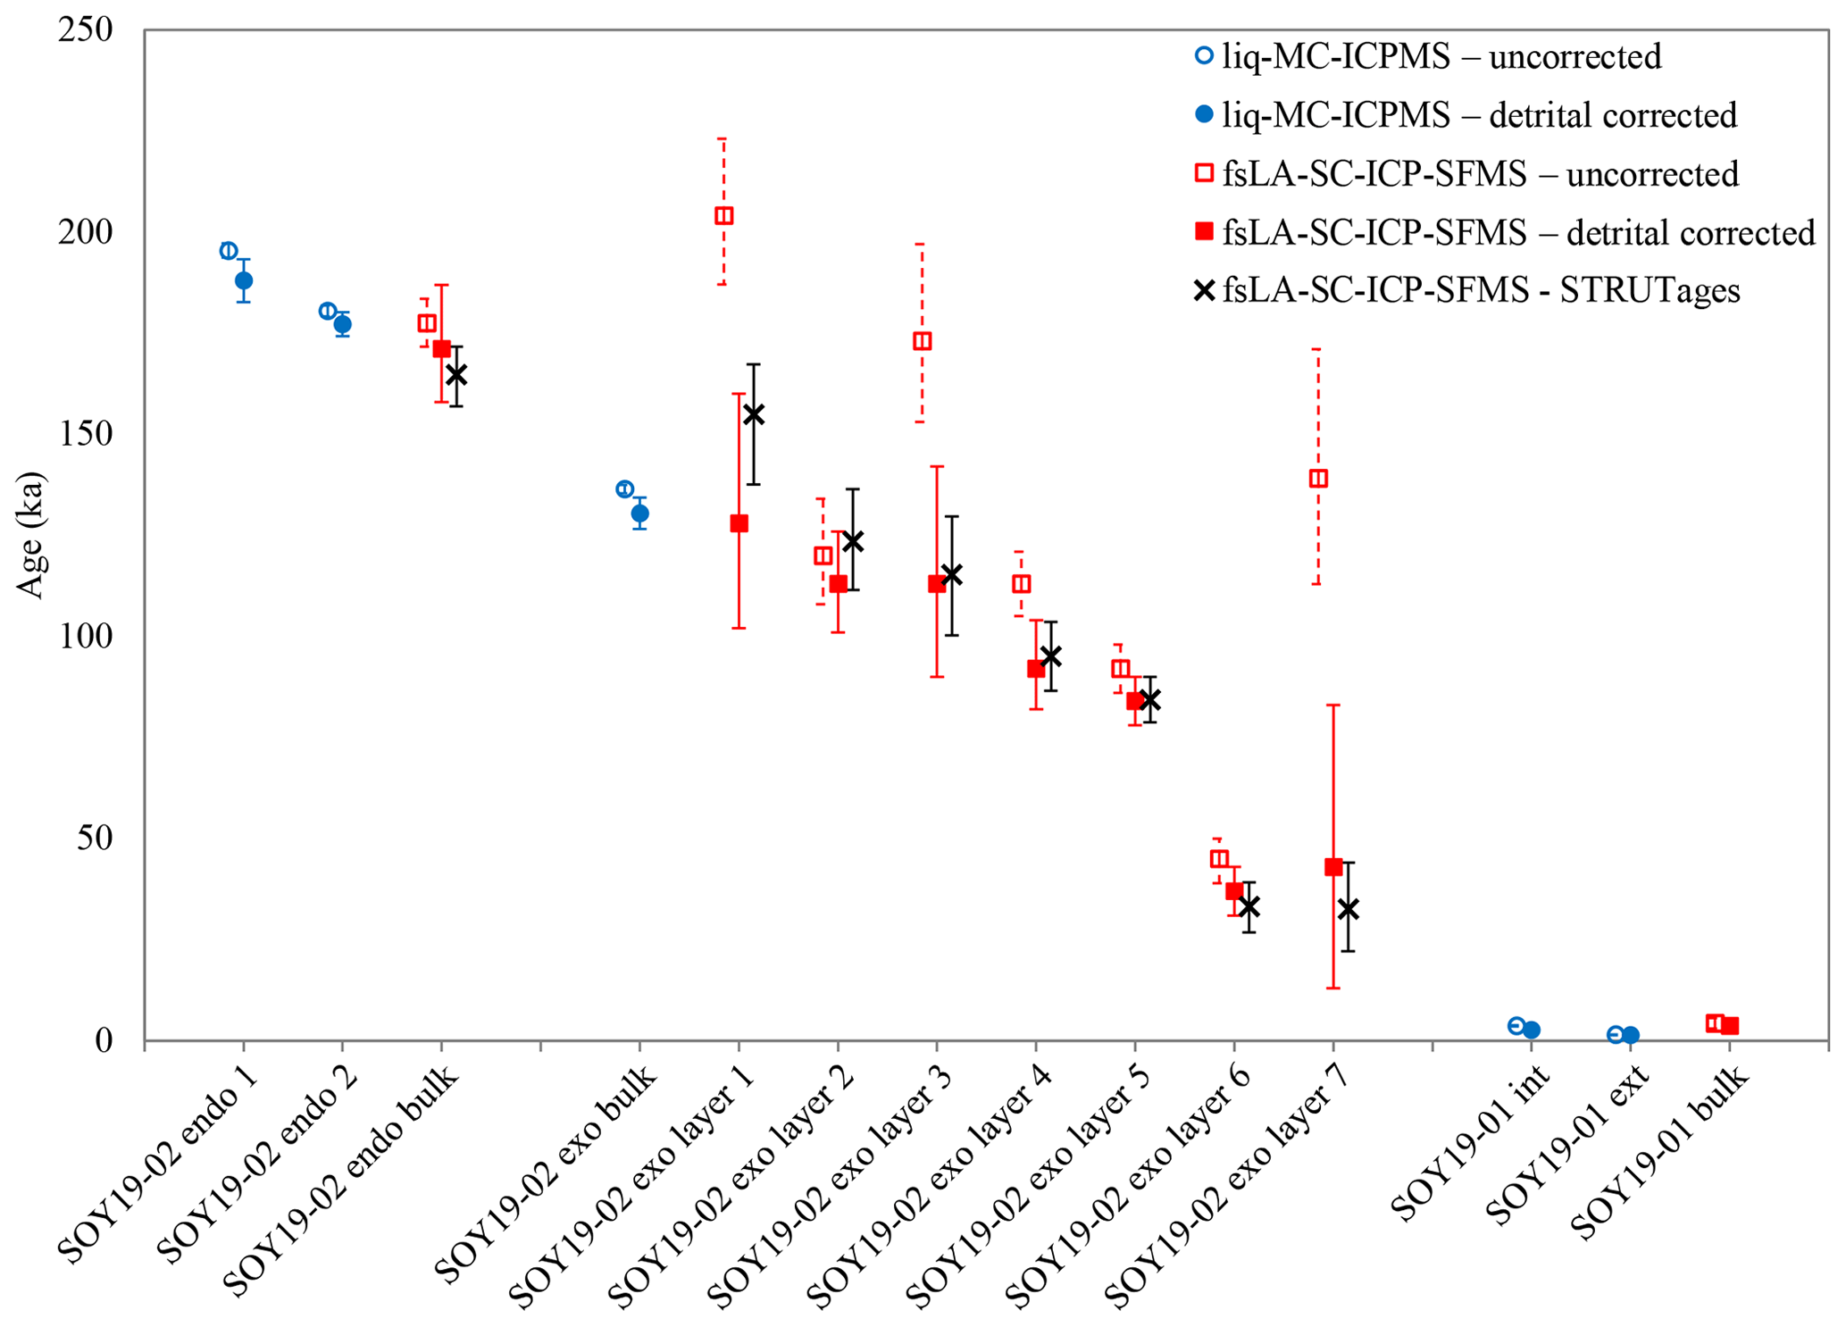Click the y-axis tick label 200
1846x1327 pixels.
click(x=85, y=232)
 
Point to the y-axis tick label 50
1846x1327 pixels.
click(x=96, y=839)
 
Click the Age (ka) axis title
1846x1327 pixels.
click(x=31, y=534)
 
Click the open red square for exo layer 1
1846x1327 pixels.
click(x=724, y=216)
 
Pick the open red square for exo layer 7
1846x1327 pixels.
click(x=1318, y=479)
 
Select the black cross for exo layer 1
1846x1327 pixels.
click(x=754, y=414)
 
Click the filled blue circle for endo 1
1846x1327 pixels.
click(x=244, y=280)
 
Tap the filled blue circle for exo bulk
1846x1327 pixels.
click(x=640, y=513)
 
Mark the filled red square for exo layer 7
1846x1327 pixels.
click(x=1333, y=867)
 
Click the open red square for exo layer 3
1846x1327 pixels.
click(x=923, y=341)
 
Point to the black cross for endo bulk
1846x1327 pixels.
click(x=456, y=375)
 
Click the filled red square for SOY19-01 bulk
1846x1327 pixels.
click(x=1730, y=1026)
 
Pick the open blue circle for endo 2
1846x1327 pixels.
click(x=328, y=311)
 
